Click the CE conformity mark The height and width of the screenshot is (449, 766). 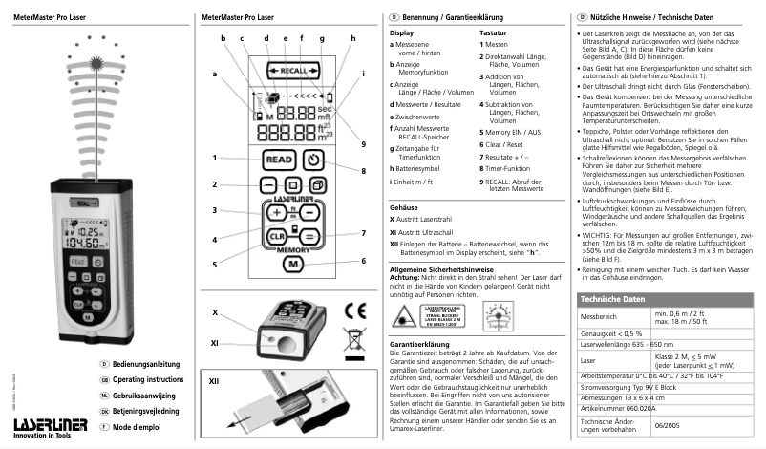(x=353, y=310)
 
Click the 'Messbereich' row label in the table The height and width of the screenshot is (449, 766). (x=599, y=316)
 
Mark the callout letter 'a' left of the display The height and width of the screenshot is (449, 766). (x=215, y=74)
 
